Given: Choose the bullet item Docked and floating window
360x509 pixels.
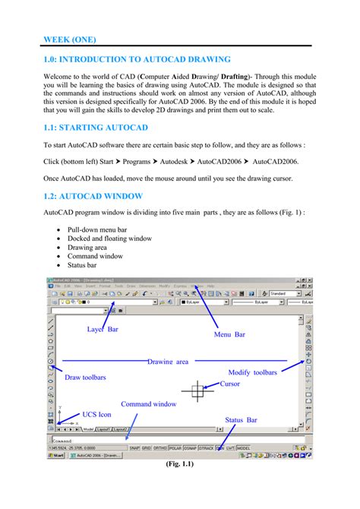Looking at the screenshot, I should [x=109, y=238].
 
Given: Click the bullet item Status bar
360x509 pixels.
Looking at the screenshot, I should [x=86, y=265].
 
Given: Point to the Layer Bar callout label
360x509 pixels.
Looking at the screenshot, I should [x=107, y=329].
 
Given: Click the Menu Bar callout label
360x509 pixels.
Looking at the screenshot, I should [x=229, y=334].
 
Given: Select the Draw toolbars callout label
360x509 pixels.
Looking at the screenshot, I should [x=85, y=377].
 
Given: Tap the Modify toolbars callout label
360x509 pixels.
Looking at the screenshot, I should [x=253, y=372].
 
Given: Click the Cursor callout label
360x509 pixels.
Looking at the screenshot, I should [x=229, y=384].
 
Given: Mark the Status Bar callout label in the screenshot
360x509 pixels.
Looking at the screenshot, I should [x=241, y=419].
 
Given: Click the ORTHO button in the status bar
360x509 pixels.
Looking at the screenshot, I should [x=159, y=447].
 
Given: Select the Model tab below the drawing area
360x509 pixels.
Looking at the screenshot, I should [x=88, y=428].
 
